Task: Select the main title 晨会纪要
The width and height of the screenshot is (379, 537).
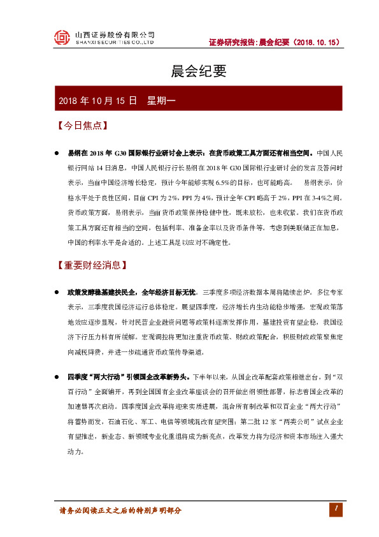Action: pos(190,71)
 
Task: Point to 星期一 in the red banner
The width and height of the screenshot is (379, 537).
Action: pos(165,100)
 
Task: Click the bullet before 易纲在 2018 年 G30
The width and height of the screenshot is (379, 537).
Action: pos(56,154)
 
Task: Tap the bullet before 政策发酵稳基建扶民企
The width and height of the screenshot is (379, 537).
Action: pos(56,291)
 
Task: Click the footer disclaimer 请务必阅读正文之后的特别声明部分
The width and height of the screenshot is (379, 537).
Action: pos(120,511)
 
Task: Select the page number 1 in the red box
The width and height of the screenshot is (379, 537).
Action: pos(334,508)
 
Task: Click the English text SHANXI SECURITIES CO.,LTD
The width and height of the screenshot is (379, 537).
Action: pos(115,42)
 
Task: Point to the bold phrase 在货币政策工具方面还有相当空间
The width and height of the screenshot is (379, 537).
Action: pos(261,154)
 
